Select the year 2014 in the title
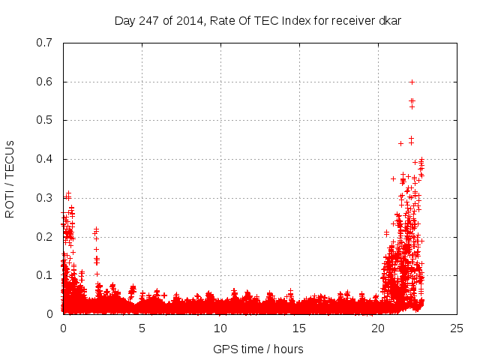click(189, 20)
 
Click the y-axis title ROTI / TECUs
click(10, 178)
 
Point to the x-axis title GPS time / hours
click(259, 349)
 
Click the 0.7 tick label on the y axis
click(44, 43)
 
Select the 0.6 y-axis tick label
click(44, 82)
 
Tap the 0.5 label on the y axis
click(44, 120)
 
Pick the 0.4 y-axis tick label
click(44, 159)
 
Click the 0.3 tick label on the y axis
click(44, 198)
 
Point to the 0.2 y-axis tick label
click(44, 236)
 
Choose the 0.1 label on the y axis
click(44, 275)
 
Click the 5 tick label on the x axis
click(142, 328)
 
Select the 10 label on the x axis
click(220, 328)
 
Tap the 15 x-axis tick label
click(299, 328)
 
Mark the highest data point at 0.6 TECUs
click(412, 82)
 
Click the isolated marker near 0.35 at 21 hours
click(393, 178)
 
